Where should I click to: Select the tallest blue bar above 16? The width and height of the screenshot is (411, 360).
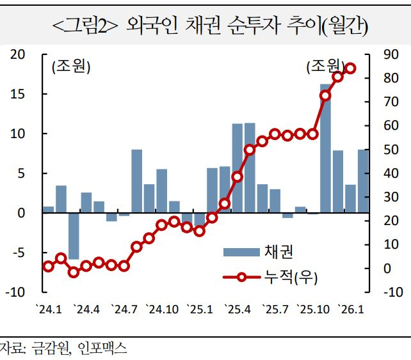click(x=325, y=147)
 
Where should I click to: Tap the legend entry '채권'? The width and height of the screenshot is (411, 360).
click(x=278, y=252)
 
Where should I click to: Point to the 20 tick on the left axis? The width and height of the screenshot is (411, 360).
click(x=18, y=55)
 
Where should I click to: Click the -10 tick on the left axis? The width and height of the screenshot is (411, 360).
click(x=16, y=292)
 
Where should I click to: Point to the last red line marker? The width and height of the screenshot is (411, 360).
click(x=350, y=68)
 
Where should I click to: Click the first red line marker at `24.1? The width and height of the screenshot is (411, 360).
click(x=48, y=266)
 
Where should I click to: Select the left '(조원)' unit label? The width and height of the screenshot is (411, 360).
click(x=71, y=67)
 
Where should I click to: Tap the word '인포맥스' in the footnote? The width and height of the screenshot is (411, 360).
click(x=102, y=348)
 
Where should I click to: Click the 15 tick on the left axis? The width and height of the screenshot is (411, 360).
click(x=18, y=94)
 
